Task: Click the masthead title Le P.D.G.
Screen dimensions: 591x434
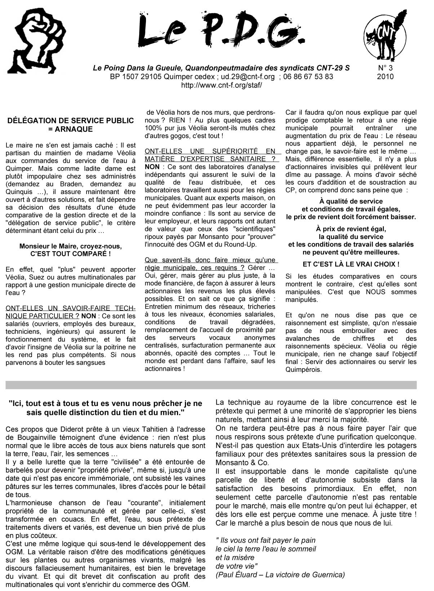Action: click(x=220, y=32)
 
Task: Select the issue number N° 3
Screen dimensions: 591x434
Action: click(x=385, y=68)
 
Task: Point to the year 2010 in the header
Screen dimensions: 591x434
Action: click(x=385, y=77)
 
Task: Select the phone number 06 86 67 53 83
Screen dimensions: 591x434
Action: click(x=308, y=77)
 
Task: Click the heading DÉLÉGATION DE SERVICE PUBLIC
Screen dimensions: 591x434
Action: click(x=71, y=121)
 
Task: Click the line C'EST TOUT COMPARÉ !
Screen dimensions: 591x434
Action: click(x=71, y=254)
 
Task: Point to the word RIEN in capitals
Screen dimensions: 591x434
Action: click(x=177, y=120)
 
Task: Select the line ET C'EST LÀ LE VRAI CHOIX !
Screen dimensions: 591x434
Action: click(x=351, y=264)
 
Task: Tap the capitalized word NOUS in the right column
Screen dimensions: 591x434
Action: click(x=375, y=292)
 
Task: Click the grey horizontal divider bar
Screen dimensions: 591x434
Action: click(x=211, y=385)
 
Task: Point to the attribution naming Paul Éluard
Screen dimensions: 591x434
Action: click(x=280, y=575)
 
